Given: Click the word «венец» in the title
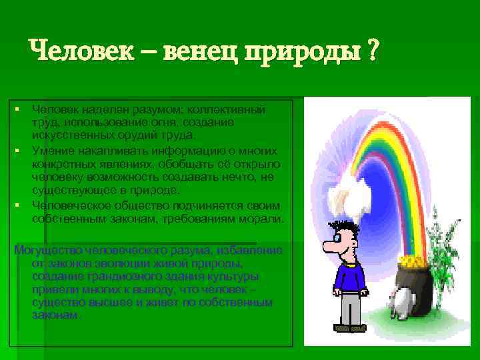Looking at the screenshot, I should click(x=201, y=51).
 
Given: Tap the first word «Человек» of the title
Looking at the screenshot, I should click(x=78, y=51).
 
